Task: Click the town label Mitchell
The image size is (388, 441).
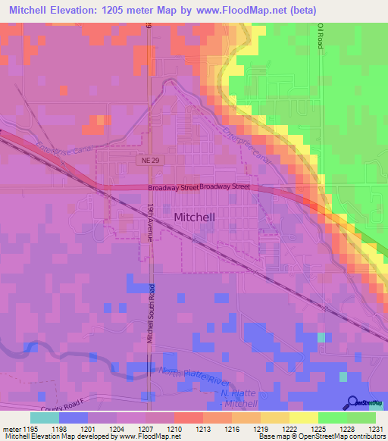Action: tap(195, 217)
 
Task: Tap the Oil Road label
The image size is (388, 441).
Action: tap(321, 36)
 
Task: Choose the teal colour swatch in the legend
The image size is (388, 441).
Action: tap(44, 418)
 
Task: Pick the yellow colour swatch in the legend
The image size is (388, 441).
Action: tap(303, 418)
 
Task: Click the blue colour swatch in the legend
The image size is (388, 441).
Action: tap(73, 418)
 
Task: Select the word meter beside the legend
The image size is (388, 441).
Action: tap(11, 430)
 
